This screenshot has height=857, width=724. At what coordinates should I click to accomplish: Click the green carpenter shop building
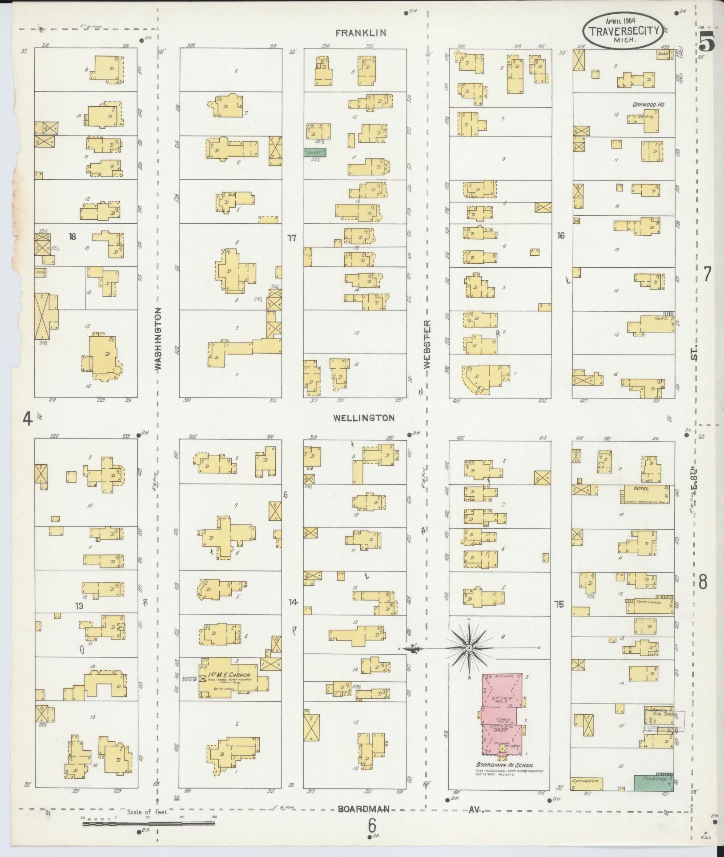pos(315,153)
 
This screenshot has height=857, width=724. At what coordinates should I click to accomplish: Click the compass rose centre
pos(469,649)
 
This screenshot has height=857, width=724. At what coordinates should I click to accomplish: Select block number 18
pos(72,236)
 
